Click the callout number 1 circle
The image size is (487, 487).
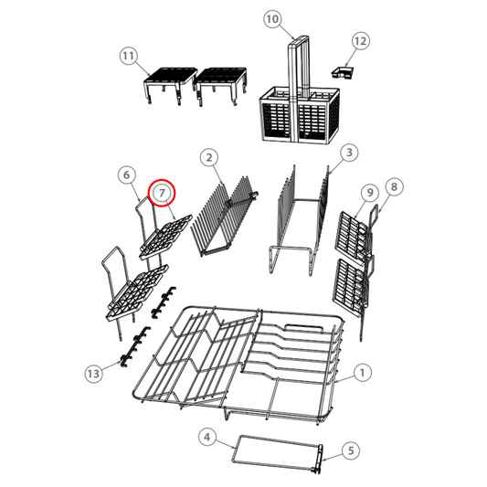coord(362,373)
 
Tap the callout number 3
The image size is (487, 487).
coord(348,152)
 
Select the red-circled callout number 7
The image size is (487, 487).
coord(162,193)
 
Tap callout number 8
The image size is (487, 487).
coord(394,186)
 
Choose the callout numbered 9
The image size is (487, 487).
coord(369,193)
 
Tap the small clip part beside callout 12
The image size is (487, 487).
coord(343,70)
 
